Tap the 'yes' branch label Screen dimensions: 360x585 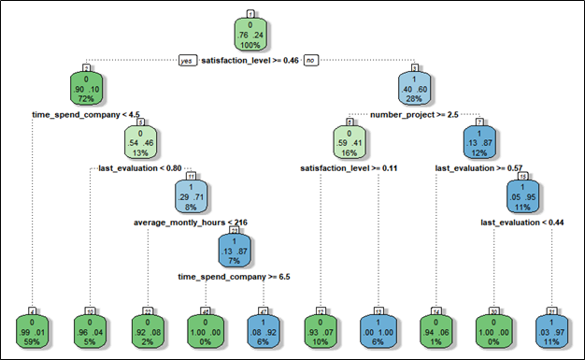pos(188,61)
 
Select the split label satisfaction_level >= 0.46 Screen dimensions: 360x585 pos(250,61)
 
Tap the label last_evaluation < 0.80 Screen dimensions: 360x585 pos(140,169)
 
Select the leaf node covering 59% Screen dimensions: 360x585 pos(34,332)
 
